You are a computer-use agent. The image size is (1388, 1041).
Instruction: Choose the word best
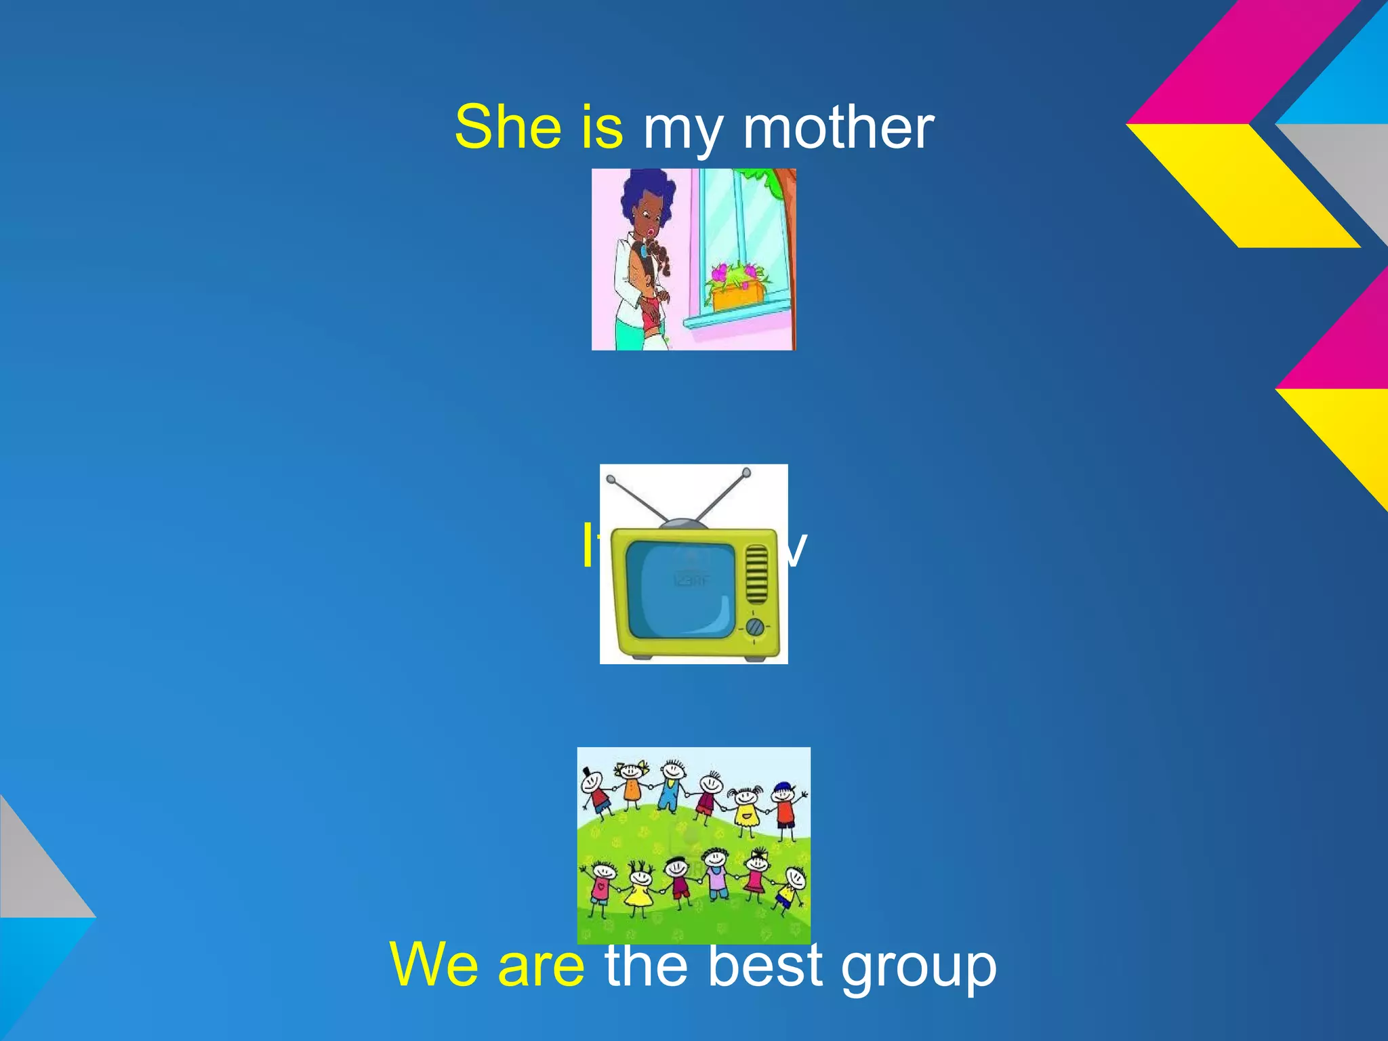click(764, 964)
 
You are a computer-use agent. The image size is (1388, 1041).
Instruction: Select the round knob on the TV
click(754, 628)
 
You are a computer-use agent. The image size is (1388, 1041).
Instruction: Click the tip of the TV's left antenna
click(610, 480)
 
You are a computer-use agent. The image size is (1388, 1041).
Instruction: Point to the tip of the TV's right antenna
click(746, 472)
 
